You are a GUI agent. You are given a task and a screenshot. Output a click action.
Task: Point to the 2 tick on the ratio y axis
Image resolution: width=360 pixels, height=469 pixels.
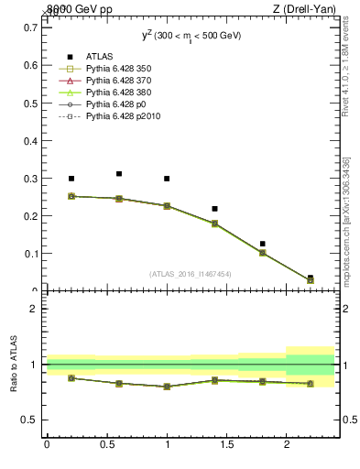33,309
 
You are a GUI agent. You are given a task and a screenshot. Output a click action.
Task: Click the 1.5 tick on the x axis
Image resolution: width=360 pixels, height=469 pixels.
227,444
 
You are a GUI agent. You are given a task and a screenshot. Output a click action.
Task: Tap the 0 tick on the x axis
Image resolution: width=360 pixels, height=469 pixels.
47,444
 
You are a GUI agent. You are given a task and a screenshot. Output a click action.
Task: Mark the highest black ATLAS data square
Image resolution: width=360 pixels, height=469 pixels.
119,173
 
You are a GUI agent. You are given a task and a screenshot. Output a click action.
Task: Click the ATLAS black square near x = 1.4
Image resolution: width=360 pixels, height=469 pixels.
214,209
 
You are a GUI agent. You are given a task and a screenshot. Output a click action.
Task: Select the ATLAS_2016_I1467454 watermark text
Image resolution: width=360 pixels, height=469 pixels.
191,273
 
